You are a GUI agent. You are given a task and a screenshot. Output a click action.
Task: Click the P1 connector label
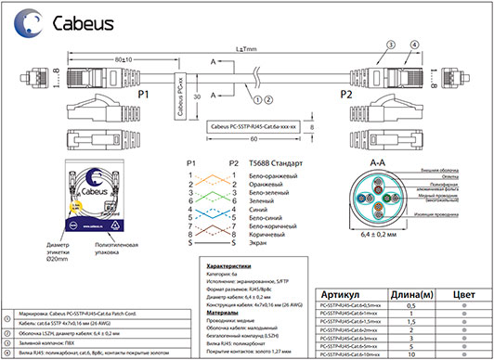click(x=143, y=95)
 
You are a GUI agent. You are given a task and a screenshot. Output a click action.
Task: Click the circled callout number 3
click(x=390, y=44)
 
